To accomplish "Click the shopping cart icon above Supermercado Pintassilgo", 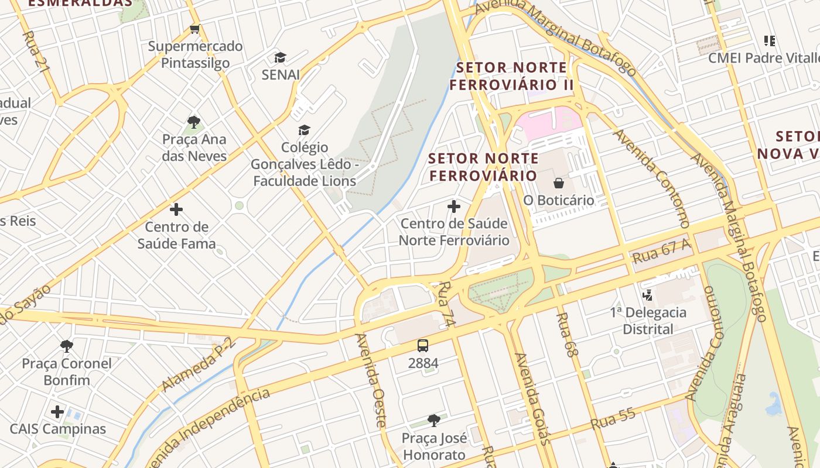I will coord(195,29).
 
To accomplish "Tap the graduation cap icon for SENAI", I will coord(281,57).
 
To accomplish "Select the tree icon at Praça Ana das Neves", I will coord(194,122).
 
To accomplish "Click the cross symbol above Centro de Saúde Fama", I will coord(176,209).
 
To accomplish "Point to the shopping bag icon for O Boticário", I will coord(559,183).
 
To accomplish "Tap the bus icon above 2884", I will coord(423,346).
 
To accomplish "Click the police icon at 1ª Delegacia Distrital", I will coord(648,295).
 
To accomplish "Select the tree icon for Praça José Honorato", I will coord(434,420).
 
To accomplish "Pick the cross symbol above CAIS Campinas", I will coord(57,412).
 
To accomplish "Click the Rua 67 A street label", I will coord(661,252).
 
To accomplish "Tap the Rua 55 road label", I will coord(613,419).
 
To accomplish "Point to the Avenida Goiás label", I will coord(532,398).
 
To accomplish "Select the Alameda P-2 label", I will coord(199,364).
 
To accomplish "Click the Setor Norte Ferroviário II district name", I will coord(511,76).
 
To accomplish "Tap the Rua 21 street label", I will coord(35,51).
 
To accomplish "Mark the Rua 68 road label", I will coord(566,334).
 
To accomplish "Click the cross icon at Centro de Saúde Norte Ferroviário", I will coord(454,207).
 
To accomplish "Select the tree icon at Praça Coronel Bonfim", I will coord(67,346).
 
